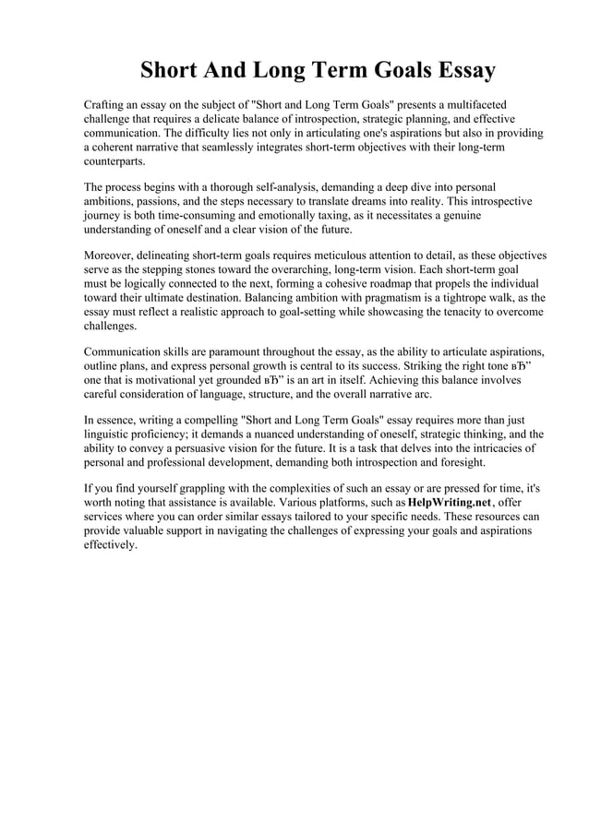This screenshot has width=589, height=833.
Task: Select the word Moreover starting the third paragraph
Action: click(114, 254)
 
